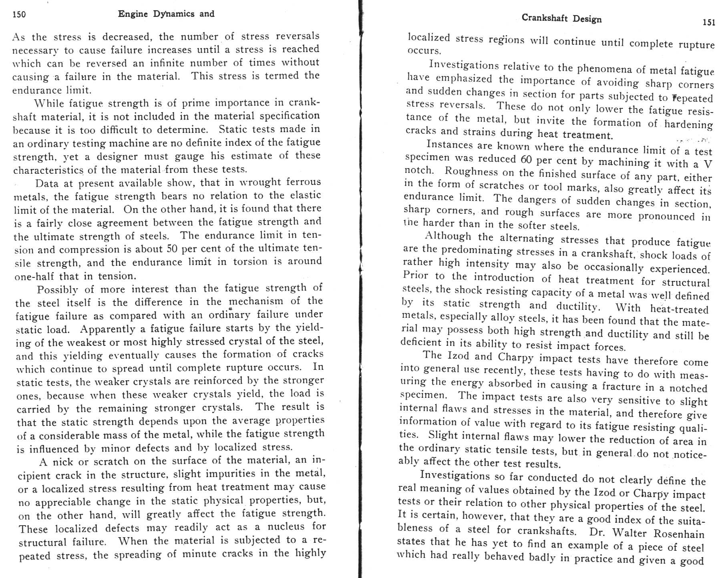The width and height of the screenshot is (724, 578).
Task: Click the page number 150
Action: (19, 15)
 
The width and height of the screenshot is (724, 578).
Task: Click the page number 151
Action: (708, 22)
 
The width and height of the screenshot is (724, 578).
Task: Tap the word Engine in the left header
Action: (133, 14)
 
